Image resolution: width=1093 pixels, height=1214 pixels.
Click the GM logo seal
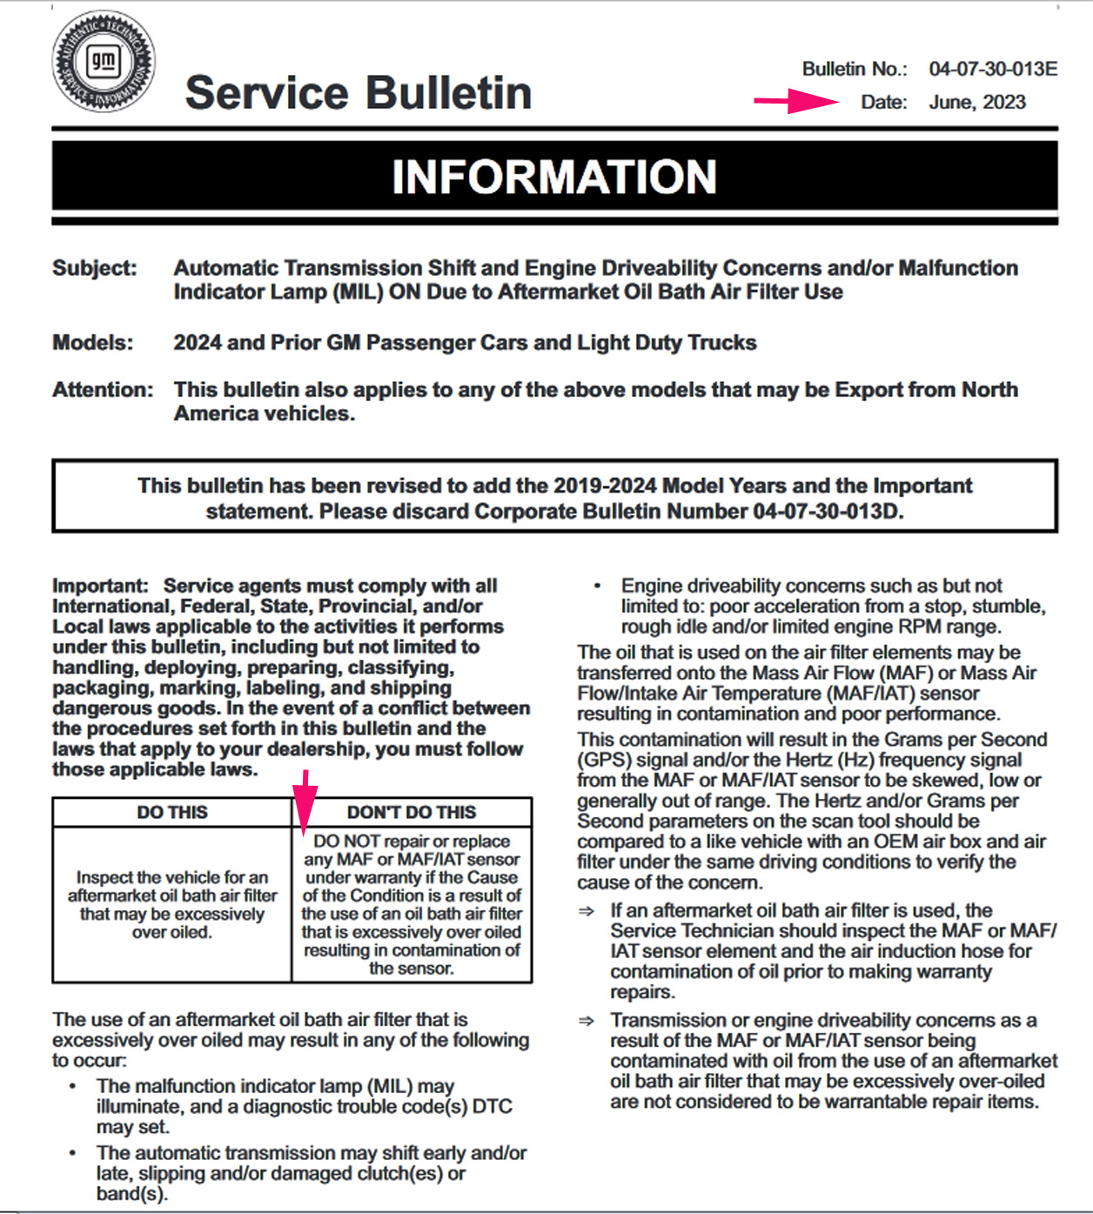pos(104,62)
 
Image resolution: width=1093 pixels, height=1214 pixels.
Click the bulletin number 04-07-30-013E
pos(993,69)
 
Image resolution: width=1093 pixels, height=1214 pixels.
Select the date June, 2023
pos(977,103)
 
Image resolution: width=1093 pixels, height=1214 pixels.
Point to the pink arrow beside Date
pos(795,101)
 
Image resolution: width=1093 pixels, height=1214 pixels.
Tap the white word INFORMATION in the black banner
pos(554,177)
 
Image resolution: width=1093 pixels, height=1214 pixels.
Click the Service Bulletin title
pos(358,93)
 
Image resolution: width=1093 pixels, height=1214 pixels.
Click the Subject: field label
pos(95,268)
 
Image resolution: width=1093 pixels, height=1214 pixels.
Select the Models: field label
pos(93,343)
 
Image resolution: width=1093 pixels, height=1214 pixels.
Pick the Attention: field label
pos(103,390)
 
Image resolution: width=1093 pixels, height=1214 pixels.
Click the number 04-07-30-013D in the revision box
pos(827,511)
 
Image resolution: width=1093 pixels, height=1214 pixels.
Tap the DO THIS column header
pos(172,813)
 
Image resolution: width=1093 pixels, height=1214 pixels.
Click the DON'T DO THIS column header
pos(412,813)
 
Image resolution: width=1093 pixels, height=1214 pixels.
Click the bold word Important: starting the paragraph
pos(100,586)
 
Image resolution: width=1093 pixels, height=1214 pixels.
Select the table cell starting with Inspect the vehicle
pos(172,904)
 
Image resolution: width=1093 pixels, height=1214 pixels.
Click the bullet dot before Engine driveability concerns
pos(597,586)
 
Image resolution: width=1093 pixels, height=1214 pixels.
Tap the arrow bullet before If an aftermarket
pos(587,911)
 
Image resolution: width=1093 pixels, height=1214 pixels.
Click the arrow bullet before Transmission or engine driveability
pos(587,1021)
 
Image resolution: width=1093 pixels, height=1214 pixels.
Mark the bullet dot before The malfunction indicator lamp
pos(73,1086)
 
